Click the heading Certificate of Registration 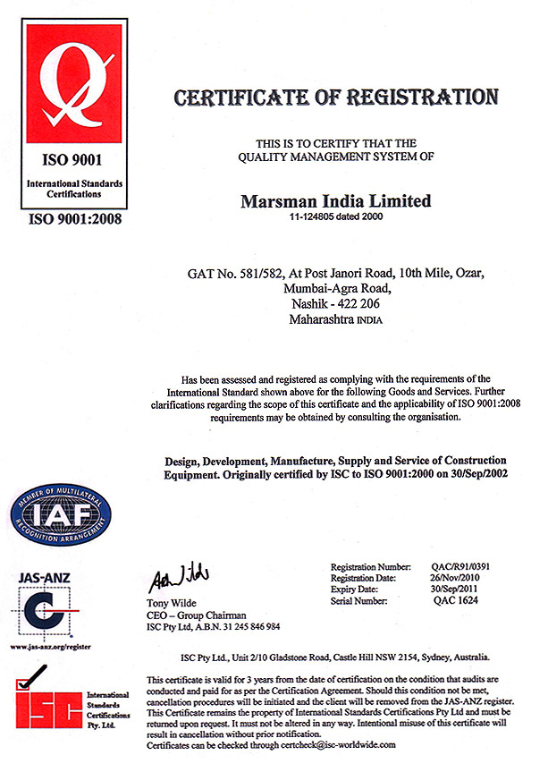coord(335,97)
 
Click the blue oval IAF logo coord(60,513)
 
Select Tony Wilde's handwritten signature coord(178,573)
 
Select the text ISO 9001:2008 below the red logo coord(75,217)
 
